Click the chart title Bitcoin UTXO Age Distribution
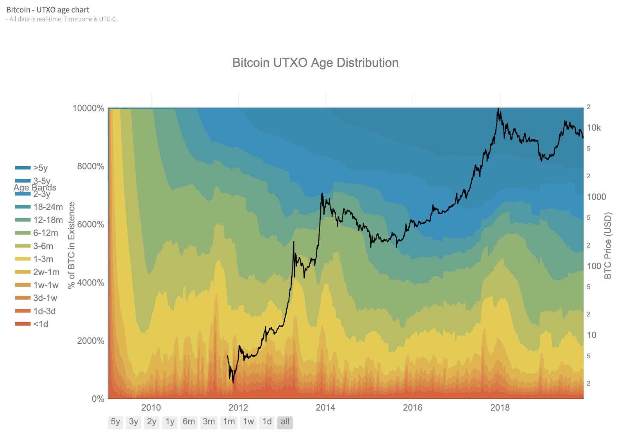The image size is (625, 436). (x=315, y=63)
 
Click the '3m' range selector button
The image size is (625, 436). (x=209, y=422)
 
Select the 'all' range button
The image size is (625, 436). (x=285, y=422)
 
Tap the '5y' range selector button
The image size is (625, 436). (x=115, y=422)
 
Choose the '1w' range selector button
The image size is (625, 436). (x=248, y=422)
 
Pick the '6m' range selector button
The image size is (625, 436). (x=189, y=422)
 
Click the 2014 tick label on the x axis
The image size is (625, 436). (x=325, y=407)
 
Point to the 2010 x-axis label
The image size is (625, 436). (x=151, y=407)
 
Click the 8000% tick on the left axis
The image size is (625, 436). (x=91, y=166)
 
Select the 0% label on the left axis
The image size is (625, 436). (x=98, y=399)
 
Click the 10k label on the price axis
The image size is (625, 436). (x=594, y=128)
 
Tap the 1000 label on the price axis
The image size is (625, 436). (x=596, y=197)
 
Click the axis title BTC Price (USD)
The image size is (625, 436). (x=608, y=246)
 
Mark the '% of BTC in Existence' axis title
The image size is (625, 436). (x=71, y=246)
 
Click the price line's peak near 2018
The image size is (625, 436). (x=498, y=109)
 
